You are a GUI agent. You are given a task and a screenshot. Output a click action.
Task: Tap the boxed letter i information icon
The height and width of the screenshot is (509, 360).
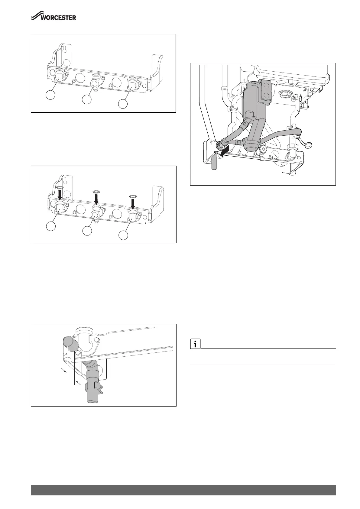click(x=196, y=344)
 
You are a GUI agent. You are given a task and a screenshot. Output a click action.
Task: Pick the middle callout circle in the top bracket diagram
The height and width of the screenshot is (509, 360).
click(x=87, y=100)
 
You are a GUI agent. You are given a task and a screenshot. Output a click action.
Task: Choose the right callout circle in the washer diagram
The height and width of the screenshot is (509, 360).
click(x=123, y=235)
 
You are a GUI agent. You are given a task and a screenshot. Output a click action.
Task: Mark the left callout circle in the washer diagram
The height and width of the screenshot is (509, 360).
click(x=51, y=226)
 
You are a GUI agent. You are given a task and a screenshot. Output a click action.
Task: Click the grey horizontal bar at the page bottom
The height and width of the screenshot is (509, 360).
click(x=183, y=490)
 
